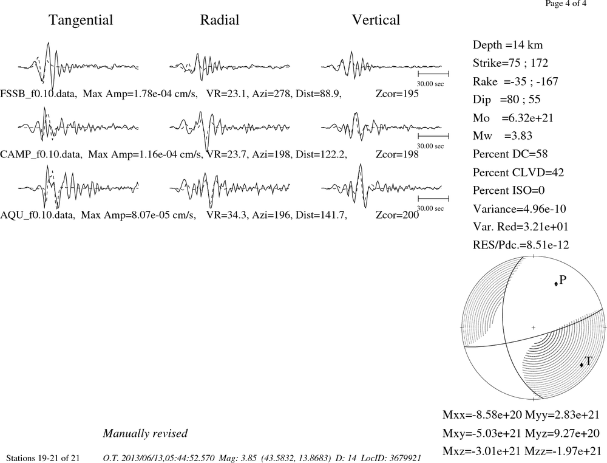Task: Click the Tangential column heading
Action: click(81, 20)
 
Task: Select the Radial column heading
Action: click(220, 20)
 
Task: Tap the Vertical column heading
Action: click(376, 20)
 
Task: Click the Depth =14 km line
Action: click(507, 45)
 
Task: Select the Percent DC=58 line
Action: click(510, 154)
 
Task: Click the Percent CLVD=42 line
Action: click(518, 173)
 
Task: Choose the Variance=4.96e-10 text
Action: click(519, 209)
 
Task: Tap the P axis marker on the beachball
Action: click(556, 284)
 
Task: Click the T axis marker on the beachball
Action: click(582, 365)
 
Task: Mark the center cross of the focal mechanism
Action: click(534, 328)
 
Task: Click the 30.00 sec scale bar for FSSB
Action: click(433, 74)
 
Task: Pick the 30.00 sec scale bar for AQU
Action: click(433, 198)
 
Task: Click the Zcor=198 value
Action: click(397, 154)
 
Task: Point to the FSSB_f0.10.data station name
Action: click(38, 94)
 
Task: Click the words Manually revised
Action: click(145, 433)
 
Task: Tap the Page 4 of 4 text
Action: click(566, 4)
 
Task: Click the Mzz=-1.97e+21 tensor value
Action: click(561, 451)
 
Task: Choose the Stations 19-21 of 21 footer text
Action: click(43, 458)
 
